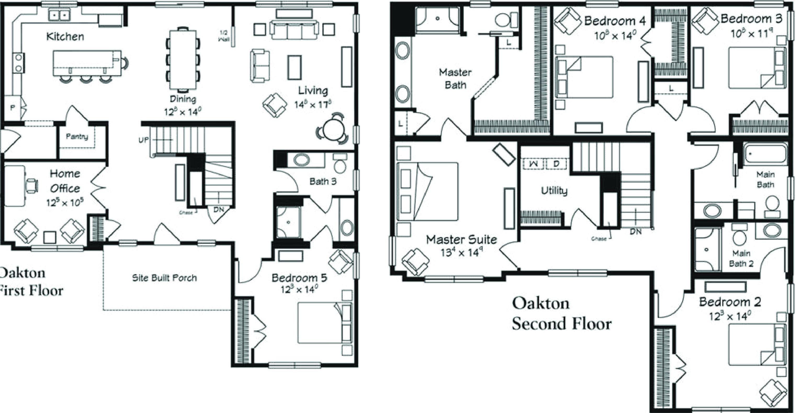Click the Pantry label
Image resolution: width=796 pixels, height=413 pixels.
pos(77,136)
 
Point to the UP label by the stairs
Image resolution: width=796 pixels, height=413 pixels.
pos(144,140)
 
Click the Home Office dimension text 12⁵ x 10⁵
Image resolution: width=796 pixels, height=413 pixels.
pos(65,203)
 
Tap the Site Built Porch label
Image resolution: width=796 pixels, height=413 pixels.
pos(164,278)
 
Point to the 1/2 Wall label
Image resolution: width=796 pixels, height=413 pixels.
pos(223,36)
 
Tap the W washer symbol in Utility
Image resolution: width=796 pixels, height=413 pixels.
pos(534,163)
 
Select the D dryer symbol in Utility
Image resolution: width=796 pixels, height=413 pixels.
pos(556,163)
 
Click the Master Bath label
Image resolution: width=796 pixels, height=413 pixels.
pos(455,78)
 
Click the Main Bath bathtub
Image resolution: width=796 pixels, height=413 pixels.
pos(765,153)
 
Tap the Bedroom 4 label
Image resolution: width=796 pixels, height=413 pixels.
pos(615,21)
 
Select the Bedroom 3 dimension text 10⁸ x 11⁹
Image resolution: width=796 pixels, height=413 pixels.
pos(751,33)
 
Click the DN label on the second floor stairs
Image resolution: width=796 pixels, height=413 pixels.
pos(636,231)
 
